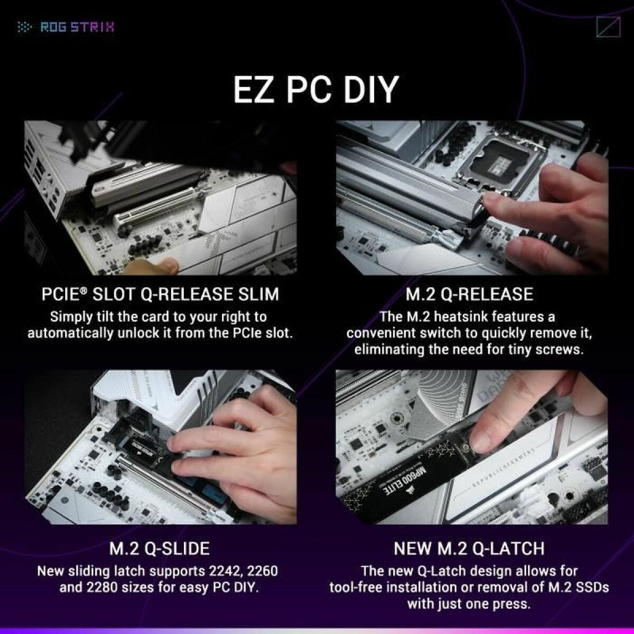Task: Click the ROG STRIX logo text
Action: (77, 27)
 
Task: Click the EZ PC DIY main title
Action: (315, 90)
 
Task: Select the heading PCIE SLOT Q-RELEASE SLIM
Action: (159, 295)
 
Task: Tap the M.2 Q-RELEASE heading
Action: (468, 295)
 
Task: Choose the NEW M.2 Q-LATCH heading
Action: (468, 548)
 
